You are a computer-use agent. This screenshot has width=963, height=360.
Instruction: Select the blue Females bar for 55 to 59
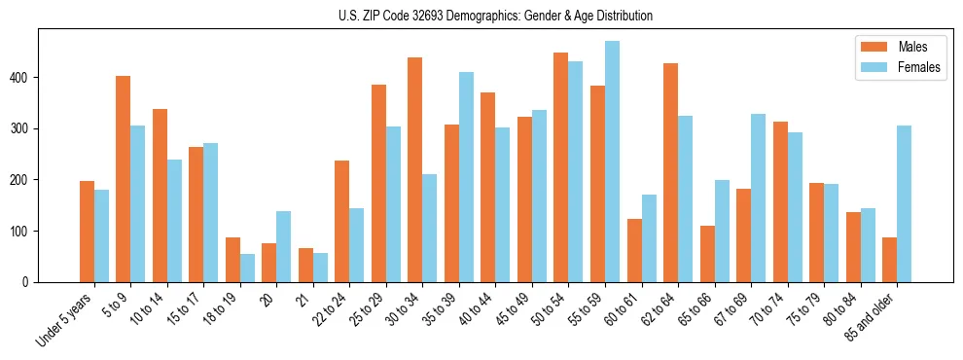[x=612, y=162]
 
